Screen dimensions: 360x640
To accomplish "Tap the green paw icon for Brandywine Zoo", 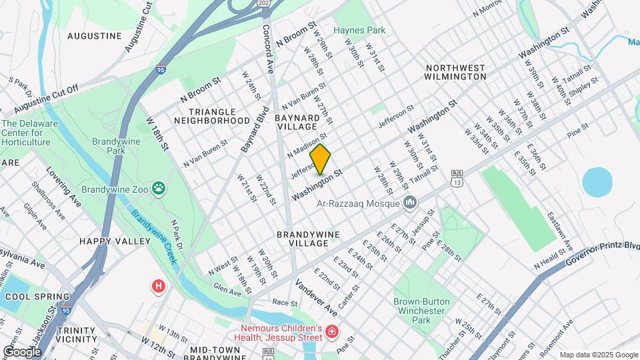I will [x=158, y=189].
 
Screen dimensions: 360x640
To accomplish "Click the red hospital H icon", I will [x=159, y=287].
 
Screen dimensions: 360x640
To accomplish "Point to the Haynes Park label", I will [x=359, y=31].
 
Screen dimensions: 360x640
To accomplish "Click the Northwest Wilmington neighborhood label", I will [x=456, y=72].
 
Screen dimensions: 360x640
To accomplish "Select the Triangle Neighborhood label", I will [x=211, y=116].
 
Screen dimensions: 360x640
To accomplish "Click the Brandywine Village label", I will [x=309, y=239].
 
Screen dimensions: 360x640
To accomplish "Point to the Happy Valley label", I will [x=115, y=241].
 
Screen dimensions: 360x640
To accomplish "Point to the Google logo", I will [x=22, y=351].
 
